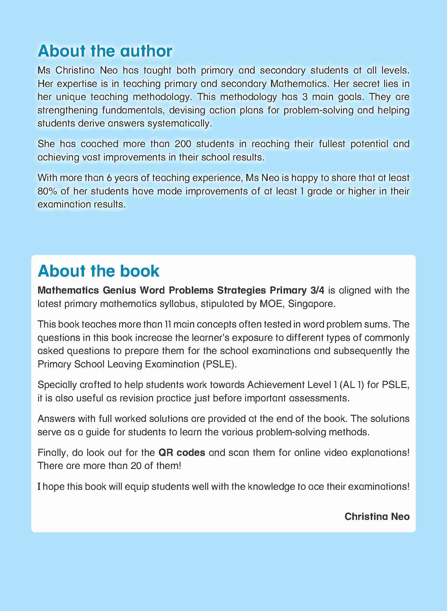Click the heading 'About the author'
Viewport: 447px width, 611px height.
tap(105, 51)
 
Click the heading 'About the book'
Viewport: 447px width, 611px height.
tap(99, 271)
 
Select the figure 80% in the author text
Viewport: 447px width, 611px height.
tap(47, 191)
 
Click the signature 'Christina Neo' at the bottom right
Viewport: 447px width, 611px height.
tap(377, 516)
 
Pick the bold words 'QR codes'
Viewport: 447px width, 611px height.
tap(182, 453)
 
